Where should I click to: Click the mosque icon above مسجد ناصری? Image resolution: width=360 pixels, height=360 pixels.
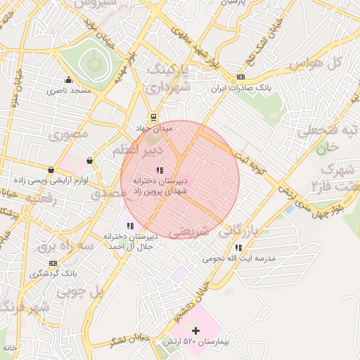(x=68, y=80)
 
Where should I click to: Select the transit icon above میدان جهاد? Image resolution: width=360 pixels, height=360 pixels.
(x=153, y=118)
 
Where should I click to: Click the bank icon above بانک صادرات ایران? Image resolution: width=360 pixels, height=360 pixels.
(x=241, y=77)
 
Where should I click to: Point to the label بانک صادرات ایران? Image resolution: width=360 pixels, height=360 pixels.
(x=241, y=89)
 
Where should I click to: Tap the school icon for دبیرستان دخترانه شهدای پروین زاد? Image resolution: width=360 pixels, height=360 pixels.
(x=160, y=169)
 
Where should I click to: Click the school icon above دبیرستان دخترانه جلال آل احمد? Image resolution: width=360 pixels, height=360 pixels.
(x=129, y=225)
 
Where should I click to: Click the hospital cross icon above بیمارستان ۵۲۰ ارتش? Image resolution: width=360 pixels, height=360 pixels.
(x=195, y=330)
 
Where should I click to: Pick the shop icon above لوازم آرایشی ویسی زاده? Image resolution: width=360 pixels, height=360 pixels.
(x=51, y=169)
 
